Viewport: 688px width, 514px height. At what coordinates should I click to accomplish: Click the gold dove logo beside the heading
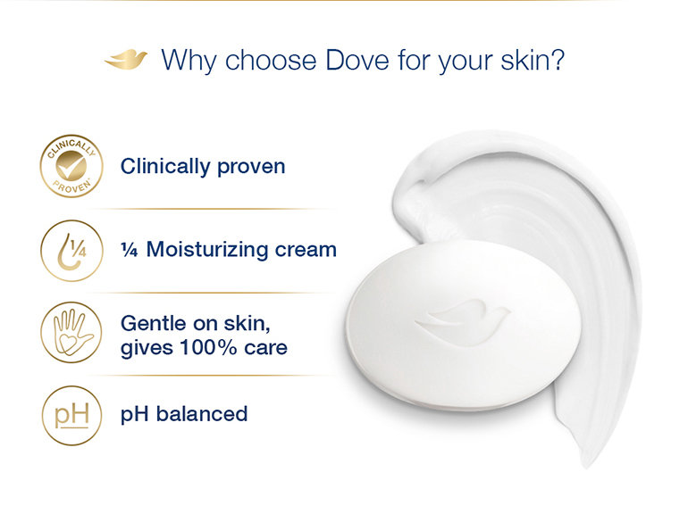[x=125, y=61]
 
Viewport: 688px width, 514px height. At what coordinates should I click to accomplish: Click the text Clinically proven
[x=203, y=166]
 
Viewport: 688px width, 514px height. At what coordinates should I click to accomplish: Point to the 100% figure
[x=211, y=346]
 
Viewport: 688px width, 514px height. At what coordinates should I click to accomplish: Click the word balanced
[x=200, y=414]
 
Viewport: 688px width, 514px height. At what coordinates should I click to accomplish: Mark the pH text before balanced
[x=133, y=415]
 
